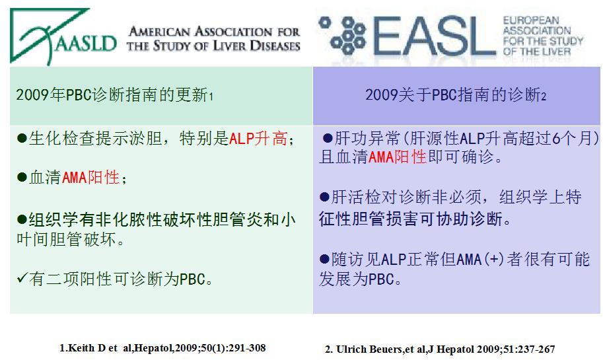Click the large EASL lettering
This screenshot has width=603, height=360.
(433, 36)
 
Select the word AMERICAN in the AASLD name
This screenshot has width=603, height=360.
(159, 32)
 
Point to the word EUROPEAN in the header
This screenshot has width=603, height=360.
(531, 20)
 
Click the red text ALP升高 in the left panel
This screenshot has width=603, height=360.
(258, 139)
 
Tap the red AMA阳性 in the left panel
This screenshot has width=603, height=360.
(90, 177)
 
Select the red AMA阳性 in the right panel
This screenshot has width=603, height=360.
(397, 157)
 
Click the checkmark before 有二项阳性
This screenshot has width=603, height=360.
(22, 277)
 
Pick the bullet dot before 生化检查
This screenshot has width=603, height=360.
(22, 139)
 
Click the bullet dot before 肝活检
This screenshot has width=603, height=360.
(324, 198)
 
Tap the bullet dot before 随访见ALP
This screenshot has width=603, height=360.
(324, 259)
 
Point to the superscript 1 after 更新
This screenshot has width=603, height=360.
(211, 96)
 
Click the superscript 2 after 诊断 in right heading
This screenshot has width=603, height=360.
(544, 96)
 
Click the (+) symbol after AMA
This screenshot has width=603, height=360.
(494, 259)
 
